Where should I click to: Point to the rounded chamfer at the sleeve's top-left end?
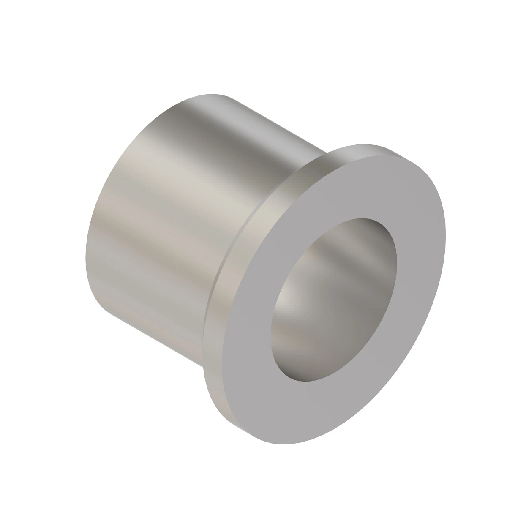177,104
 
